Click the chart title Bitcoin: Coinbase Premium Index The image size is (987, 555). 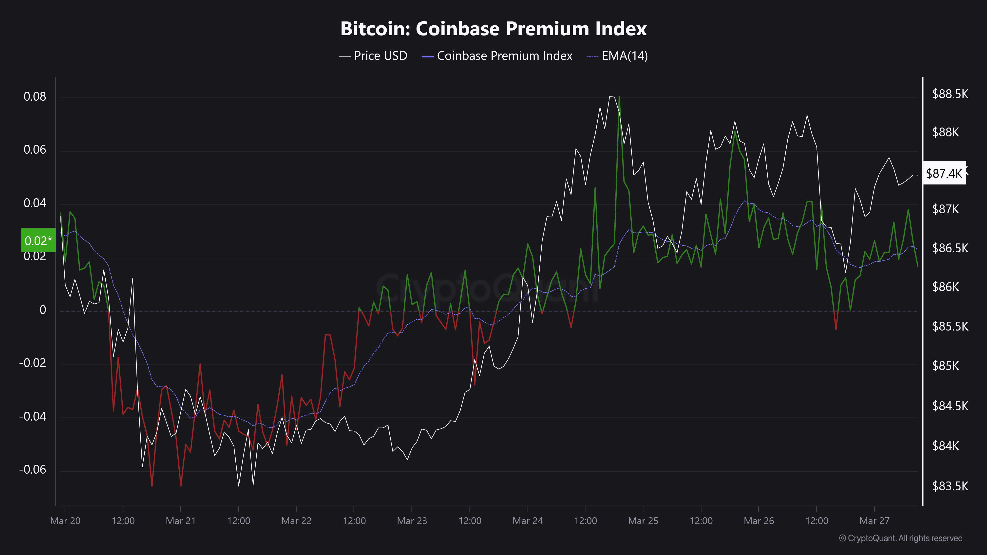click(493, 29)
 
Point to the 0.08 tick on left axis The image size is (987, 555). click(35, 96)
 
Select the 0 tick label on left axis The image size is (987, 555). click(43, 310)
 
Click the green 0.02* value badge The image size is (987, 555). click(38, 240)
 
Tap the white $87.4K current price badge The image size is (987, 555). click(944, 173)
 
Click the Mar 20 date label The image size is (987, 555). click(66, 521)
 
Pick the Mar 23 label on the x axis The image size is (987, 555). click(412, 521)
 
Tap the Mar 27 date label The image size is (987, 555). click(874, 521)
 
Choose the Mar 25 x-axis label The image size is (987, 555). click(643, 521)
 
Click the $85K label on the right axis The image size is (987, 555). click(946, 366)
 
